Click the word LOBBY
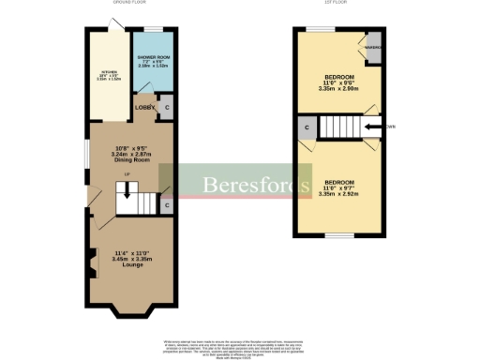(143, 108)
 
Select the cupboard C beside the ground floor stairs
(165, 204)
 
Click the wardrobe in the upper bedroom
(371, 50)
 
